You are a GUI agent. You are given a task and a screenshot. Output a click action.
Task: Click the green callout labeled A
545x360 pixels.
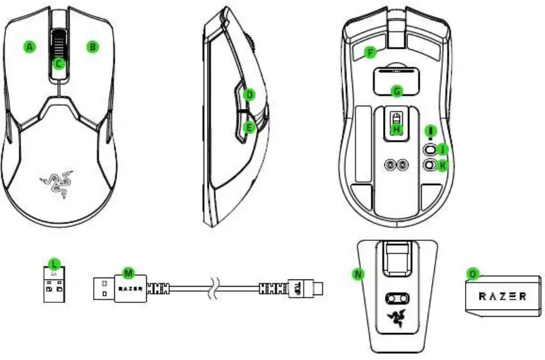click(29, 46)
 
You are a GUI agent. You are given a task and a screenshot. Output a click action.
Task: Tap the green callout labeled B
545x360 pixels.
click(92, 46)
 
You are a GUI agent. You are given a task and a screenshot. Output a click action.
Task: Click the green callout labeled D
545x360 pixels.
click(250, 94)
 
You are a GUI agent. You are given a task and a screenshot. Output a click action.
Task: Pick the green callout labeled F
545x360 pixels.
click(371, 52)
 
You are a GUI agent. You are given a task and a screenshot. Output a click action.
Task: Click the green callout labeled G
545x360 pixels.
click(396, 91)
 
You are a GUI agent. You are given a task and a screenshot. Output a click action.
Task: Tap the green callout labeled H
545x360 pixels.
click(396, 128)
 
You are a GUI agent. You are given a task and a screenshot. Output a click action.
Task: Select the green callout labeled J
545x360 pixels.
click(443, 148)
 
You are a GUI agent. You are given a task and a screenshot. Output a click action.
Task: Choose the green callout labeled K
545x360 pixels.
click(443, 163)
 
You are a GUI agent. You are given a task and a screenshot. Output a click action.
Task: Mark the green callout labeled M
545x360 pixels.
click(128, 273)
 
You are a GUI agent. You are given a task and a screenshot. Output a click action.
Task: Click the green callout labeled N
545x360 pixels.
click(358, 273)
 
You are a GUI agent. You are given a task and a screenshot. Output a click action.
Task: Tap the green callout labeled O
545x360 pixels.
click(473, 273)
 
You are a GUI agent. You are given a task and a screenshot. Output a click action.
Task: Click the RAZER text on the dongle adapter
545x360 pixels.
click(502, 296)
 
